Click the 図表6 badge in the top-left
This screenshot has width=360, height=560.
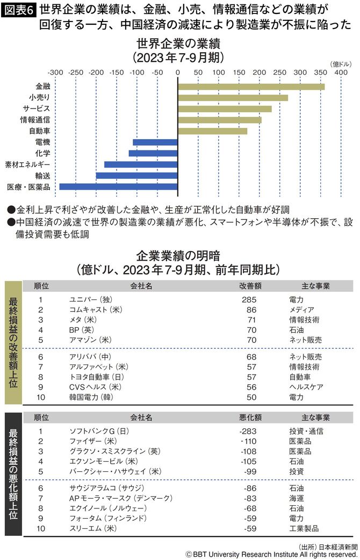coord(19,11)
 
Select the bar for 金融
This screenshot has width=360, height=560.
coord(251,87)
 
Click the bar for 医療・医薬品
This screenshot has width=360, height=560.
coord(118,186)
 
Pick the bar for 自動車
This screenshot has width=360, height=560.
coord(212,131)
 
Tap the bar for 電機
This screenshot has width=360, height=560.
coord(155,142)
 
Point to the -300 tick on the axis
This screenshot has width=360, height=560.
coord(55,71)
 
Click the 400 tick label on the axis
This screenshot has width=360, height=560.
coord(340,71)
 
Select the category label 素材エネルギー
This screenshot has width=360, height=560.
coord(27,164)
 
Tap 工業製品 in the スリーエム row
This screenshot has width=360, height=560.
coord(304,528)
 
